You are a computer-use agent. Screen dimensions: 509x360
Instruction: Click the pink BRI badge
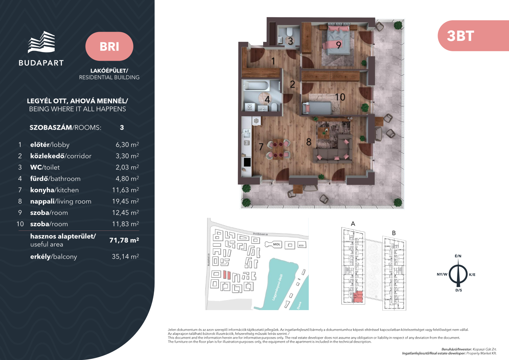coord(109,46)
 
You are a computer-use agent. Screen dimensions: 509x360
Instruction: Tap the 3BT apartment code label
coord(460,36)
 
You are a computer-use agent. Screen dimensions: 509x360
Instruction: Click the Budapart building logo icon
coord(41,42)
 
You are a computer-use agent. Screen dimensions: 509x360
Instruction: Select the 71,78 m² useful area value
coord(124,240)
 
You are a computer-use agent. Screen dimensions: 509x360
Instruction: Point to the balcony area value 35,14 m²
coord(125,256)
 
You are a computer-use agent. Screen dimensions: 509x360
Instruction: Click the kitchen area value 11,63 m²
coord(126,190)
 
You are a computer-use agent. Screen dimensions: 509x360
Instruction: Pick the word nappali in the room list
coord(43,201)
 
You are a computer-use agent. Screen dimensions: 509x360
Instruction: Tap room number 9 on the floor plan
coord(338,45)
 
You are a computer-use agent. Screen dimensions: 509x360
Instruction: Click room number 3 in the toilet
coord(290,41)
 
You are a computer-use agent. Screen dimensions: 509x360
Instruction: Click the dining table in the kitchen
coord(278,149)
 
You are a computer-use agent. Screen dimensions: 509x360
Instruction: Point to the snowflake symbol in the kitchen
coord(256,121)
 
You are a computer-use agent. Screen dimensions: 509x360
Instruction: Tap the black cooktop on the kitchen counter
coord(247,162)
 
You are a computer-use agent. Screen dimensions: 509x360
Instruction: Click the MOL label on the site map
coord(276,244)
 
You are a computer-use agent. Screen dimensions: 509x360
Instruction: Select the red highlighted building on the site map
coord(227,275)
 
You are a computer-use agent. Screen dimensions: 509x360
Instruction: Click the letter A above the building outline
coord(353,224)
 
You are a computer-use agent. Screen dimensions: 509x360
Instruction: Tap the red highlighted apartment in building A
coord(358,297)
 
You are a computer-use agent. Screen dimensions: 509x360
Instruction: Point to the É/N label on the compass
coord(458,256)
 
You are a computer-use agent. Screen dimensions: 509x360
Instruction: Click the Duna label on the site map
coord(299,306)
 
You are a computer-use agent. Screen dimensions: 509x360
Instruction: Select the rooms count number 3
coord(122,127)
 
